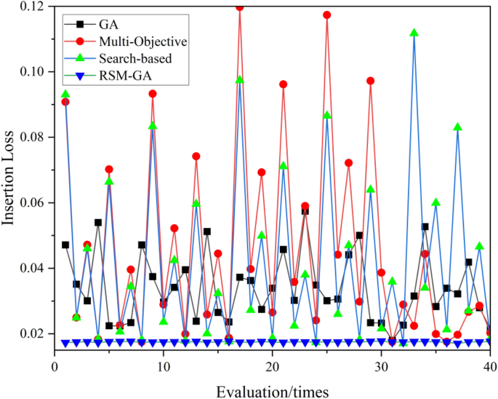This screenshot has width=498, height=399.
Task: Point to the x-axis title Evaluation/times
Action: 273,390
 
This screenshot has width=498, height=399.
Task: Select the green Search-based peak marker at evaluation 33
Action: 414,33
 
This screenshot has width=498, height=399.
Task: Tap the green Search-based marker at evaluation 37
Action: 458,127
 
